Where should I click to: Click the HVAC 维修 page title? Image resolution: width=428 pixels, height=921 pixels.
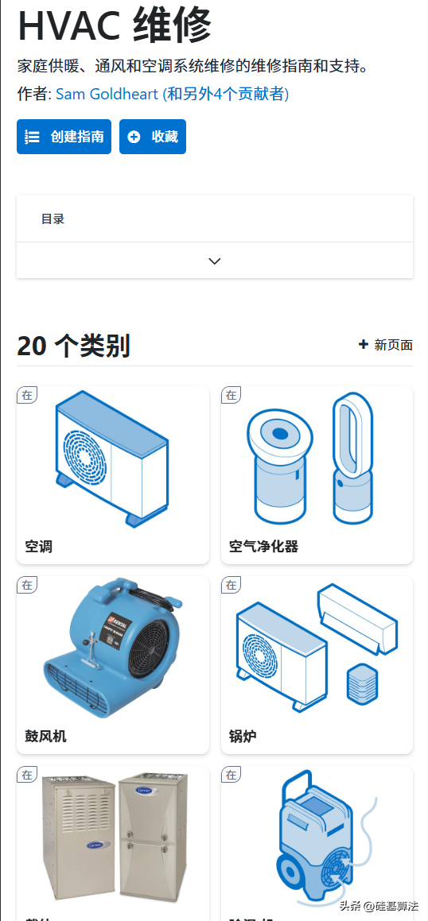pos(115,25)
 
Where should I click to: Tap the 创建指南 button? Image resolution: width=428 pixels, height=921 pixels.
pos(64,137)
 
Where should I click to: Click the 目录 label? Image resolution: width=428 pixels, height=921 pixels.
pos(53,219)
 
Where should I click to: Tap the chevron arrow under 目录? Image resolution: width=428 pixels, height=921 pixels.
pos(214,261)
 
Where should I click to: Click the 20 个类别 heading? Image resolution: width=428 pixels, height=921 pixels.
pos(73,346)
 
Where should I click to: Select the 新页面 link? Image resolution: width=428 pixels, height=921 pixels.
pos(386,345)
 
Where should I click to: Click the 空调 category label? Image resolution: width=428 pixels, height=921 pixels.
pos(39,547)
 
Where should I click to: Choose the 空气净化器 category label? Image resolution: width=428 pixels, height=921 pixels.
pos(263,547)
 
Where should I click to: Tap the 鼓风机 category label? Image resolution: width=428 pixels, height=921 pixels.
pos(46,737)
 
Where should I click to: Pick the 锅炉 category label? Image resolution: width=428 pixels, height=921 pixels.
pos(243,737)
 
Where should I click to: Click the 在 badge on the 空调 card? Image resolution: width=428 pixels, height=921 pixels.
pos(28,395)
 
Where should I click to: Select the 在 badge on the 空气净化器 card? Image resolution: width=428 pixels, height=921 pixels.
pos(232,395)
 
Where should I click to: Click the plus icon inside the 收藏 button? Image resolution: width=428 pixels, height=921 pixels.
pos(134,137)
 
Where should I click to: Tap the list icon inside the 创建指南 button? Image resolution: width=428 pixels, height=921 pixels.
pos(33,137)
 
